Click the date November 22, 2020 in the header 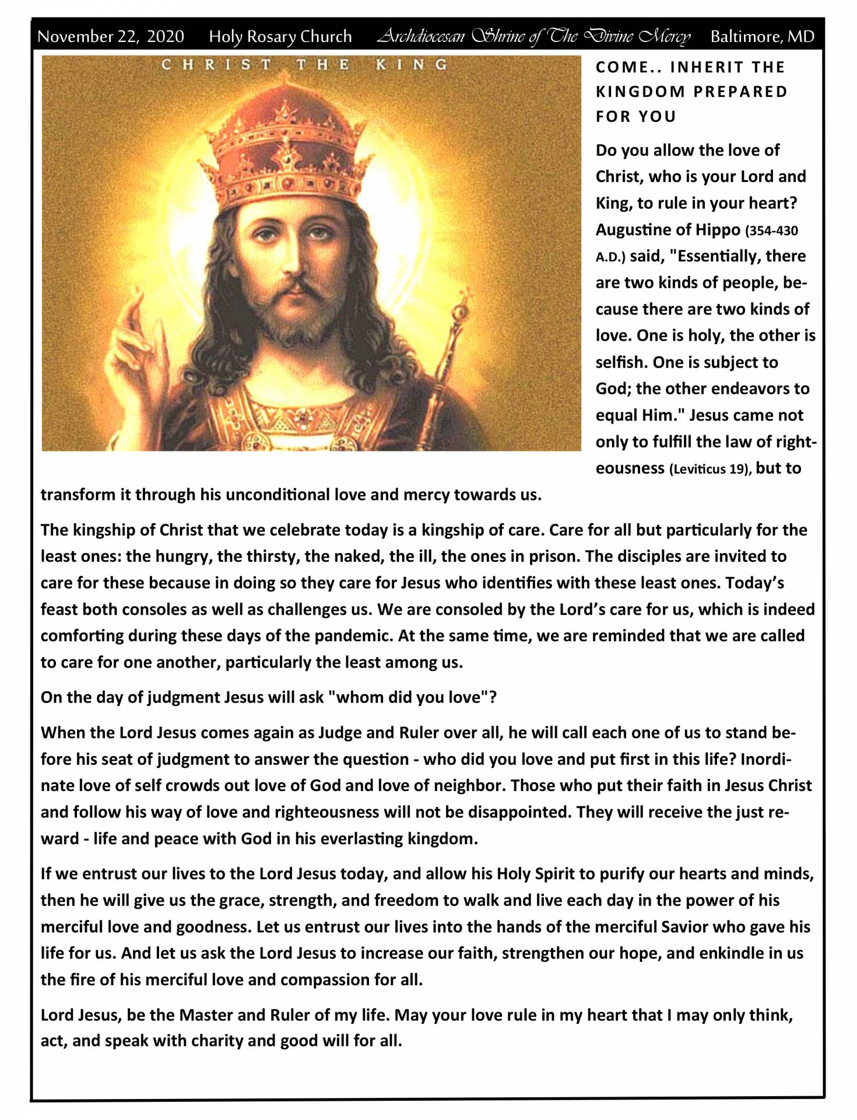(110, 37)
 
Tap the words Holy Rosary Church (280, 37)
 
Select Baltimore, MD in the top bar (762, 37)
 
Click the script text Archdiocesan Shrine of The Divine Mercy (533, 37)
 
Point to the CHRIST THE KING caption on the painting (304, 65)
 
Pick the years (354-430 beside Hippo (771, 231)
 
